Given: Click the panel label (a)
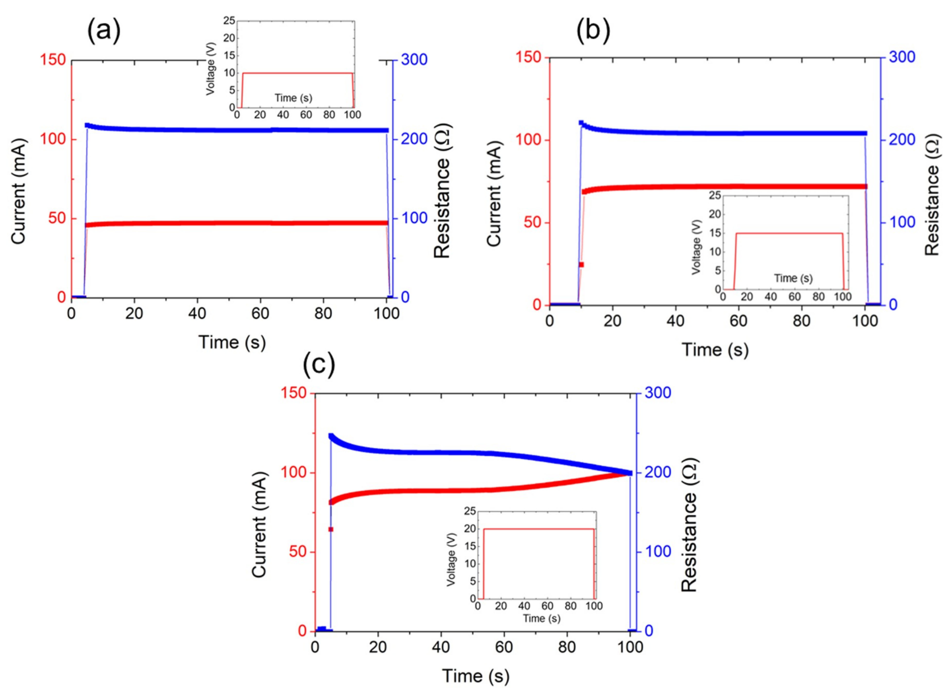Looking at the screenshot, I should (x=104, y=32).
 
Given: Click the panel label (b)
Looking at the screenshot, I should (x=593, y=32).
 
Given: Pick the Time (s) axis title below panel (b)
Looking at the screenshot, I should (x=715, y=349).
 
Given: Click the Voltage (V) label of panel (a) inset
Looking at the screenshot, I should (x=211, y=69).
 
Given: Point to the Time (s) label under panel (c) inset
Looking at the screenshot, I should (x=541, y=618).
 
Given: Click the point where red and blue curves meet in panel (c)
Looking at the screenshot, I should (x=630, y=473).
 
